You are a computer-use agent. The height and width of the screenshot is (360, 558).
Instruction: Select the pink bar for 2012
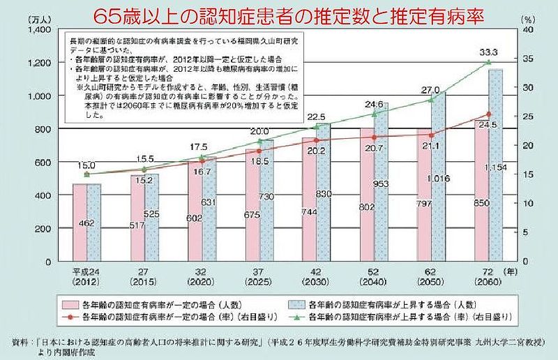[87, 223]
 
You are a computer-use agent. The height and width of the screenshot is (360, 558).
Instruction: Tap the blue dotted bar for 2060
[496, 188]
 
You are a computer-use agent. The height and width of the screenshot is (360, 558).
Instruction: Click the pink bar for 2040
[368, 195]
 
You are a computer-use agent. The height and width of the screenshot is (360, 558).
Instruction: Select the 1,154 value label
[497, 169]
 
